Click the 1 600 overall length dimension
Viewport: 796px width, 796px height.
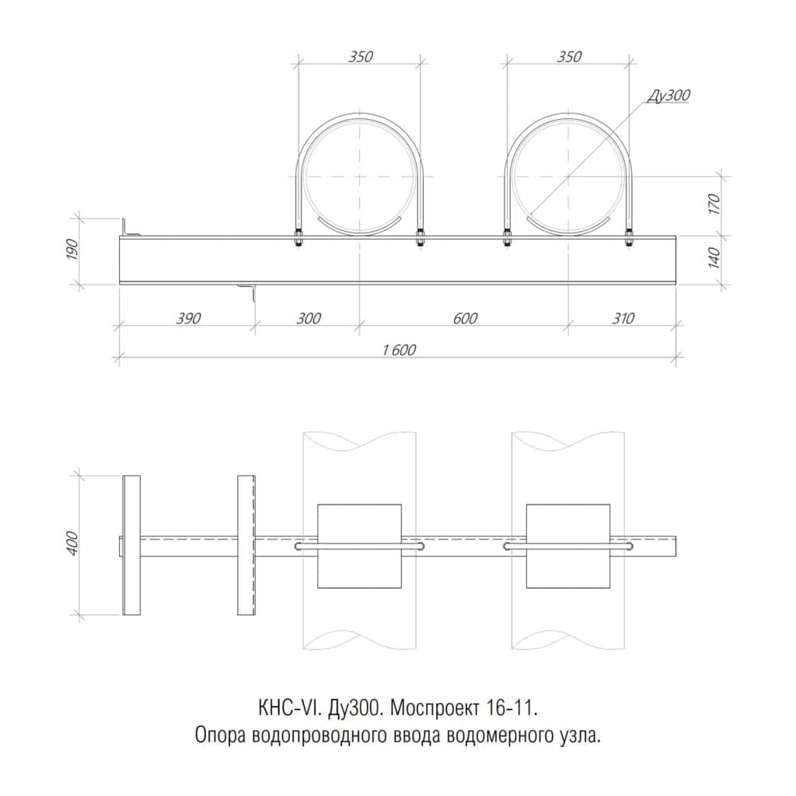[399, 351]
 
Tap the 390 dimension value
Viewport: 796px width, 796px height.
[188, 319]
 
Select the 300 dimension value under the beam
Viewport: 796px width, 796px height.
[308, 319]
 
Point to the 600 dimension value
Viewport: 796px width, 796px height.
[465, 319]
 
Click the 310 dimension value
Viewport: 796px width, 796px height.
[623, 319]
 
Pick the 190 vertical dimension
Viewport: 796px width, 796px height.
[72, 250]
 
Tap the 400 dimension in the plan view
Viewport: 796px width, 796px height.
[72, 543]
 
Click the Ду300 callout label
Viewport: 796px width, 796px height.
[669, 96]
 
